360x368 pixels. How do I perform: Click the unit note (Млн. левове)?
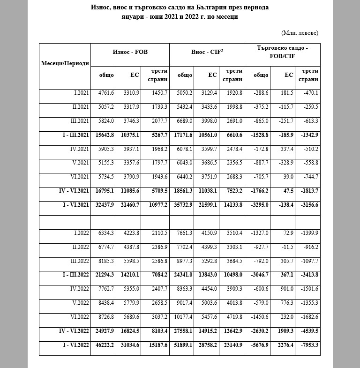pyautogui.click(x=300, y=33)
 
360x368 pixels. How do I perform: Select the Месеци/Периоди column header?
pyautogui.click(x=65, y=63)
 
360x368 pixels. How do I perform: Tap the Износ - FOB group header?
pyautogui.click(x=130, y=52)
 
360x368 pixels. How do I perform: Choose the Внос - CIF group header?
pyautogui.click(x=207, y=52)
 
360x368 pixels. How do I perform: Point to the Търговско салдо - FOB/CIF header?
pyautogui.click(x=282, y=52)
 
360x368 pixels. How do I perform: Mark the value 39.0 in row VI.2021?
pyautogui.click(x=288, y=177)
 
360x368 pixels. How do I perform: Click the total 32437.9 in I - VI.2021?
pyautogui.click(x=104, y=205)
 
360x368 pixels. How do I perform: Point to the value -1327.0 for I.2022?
pyautogui.click(x=259, y=233)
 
